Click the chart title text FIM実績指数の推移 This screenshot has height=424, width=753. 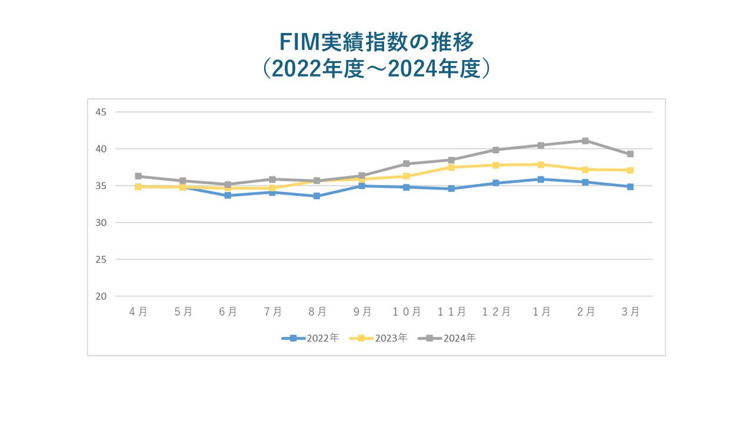coord(376,43)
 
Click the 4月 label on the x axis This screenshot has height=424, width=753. coord(138,312)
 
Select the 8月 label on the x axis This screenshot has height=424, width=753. coord(317,312)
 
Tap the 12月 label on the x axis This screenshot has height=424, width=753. coord(496,312)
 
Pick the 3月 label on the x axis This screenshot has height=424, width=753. coord(630,312)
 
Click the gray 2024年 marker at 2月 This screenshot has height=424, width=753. coord(585,141)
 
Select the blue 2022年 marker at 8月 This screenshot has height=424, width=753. coord(317,196)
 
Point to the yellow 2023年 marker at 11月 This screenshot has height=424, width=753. coord(451,167)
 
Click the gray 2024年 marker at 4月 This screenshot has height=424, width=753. coord(138,176)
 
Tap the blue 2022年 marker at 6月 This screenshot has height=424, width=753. coord(228,196)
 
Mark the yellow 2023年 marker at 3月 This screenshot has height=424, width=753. coord(630,170)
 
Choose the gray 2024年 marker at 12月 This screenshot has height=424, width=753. coord(496,150)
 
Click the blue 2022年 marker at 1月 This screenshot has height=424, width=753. coord(541,179)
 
